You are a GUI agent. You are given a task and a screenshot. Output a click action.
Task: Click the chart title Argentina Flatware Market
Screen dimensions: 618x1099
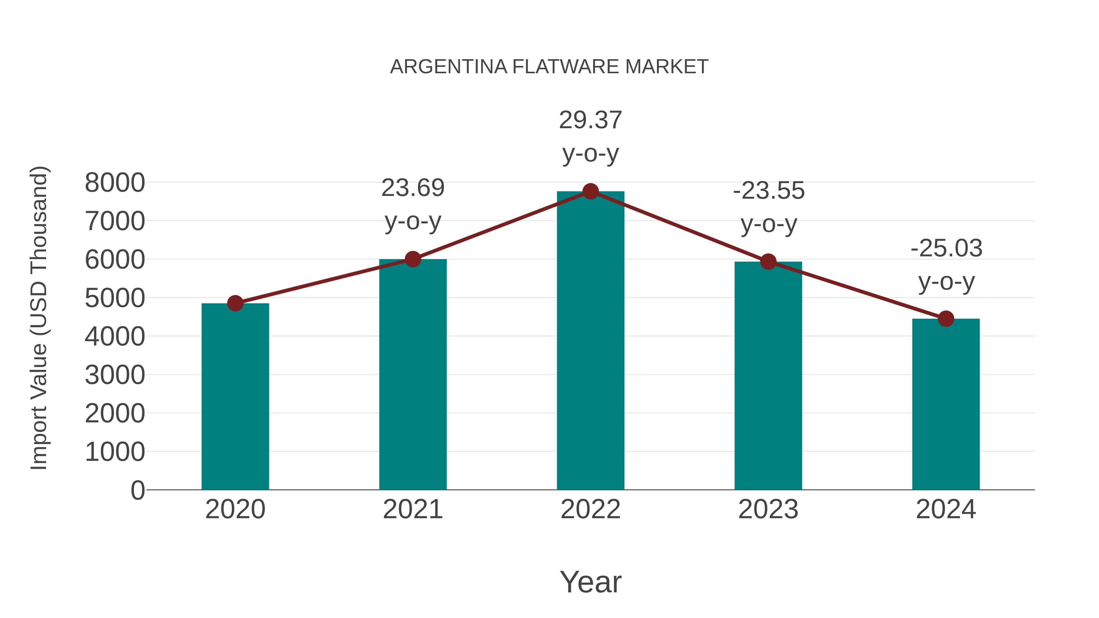(x=549, y=67)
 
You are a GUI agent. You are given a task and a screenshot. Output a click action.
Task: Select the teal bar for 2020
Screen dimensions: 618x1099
(x=235, y=397)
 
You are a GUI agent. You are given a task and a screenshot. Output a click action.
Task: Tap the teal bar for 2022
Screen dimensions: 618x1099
(x=590, y=341)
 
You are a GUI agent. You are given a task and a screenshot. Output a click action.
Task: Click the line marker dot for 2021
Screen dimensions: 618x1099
(x=412, y=259)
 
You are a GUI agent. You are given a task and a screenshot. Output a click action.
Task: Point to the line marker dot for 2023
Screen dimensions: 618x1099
(x=768, y=262)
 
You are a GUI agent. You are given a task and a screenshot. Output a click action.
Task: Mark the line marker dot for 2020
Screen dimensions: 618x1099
(x=235, y=303)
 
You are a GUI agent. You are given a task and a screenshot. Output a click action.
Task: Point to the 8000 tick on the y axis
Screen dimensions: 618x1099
(x=115, y=183)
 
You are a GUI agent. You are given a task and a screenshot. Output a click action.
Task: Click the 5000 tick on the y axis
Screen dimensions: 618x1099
(x=115, y=298)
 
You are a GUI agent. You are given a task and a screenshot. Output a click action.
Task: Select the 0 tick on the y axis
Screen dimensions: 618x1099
(x=137, y=490)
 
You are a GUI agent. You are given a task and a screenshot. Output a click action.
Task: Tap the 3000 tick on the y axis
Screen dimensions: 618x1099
(x=115, y=375)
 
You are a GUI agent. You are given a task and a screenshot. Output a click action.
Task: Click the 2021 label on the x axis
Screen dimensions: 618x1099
(x=412, y=509)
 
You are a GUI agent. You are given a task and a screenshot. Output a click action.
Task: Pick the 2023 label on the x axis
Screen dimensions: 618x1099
(x=768, y=509)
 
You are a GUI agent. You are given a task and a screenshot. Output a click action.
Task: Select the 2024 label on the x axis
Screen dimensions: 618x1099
(x=946, y=509)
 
